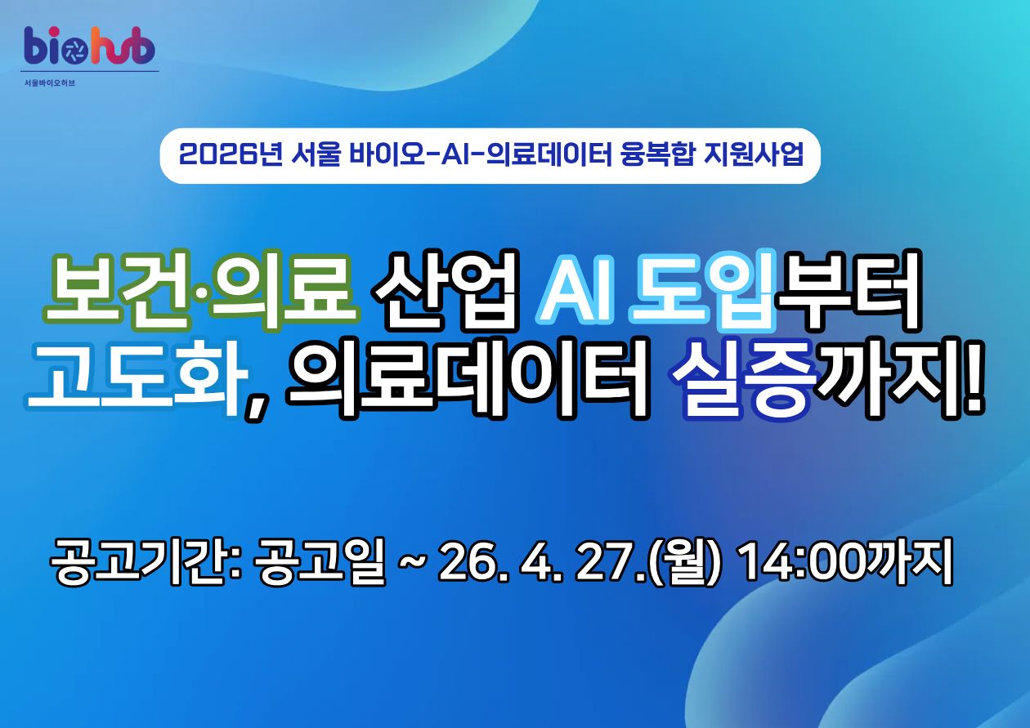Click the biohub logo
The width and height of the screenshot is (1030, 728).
89,45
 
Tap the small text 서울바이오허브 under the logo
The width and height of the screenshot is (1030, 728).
50,83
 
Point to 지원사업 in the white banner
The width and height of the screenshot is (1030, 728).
754,155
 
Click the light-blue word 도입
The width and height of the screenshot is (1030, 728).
701,289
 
